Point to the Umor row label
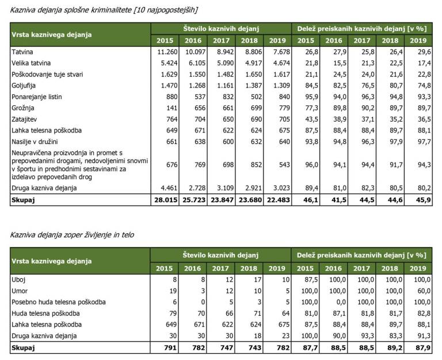tap(20, 290)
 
